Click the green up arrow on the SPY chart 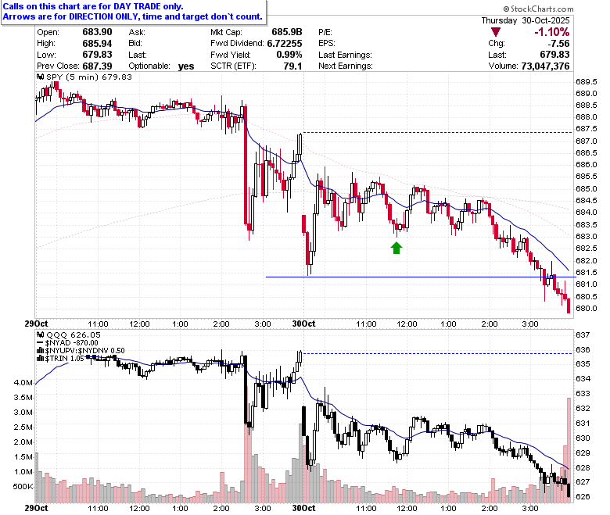pos(396,248)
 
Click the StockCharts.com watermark pos(538,9)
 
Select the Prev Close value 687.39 pos(97,66)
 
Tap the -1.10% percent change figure pos(551,32)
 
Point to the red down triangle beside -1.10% pos(496,32)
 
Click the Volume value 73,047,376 pos(545,66)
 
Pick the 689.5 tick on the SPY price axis pos(587,81)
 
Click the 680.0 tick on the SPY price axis pos(587,308)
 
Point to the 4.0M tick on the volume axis pos(23,382)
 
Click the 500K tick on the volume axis pos(23,487)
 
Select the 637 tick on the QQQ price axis pos(583,334)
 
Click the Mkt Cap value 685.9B pos(287,32)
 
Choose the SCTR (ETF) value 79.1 pos(293,66)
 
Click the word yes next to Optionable pos(186,66)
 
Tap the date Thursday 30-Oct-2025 pos(526,20)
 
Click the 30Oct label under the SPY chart pos(304,324)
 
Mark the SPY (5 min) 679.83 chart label pos(84,77)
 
